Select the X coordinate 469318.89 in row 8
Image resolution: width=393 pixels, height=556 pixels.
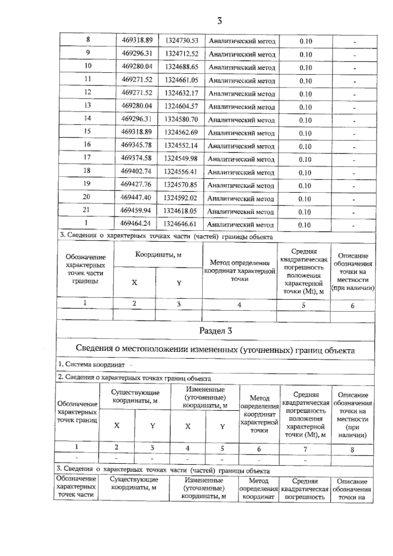[x=137, y=40]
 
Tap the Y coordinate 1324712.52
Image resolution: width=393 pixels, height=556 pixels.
[x=182, y=53]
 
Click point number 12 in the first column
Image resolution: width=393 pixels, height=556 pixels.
[x=87, y=92]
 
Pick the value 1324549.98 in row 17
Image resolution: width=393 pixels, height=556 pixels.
[x=181, y=158]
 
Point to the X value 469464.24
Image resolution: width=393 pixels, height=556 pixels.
[x=136, y=224]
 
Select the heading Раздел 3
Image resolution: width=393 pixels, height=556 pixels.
[x=215, y=331]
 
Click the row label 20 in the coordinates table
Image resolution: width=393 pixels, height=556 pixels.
[x=86, y=197]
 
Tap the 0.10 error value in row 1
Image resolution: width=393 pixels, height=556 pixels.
[x=305, y=225]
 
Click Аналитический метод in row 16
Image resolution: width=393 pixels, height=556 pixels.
[x=241, y=146]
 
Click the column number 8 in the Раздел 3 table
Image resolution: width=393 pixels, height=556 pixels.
[x=352, y=450]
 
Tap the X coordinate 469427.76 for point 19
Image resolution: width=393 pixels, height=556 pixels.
[x=136, y=184]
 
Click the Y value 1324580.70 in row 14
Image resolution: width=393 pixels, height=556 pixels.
[x=181, y=119]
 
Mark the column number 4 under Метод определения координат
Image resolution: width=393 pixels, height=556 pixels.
[x=239, y=305]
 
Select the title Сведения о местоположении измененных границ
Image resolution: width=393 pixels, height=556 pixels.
[x=215, y=349]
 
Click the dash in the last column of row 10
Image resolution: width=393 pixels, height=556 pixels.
[x=354, y=68]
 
